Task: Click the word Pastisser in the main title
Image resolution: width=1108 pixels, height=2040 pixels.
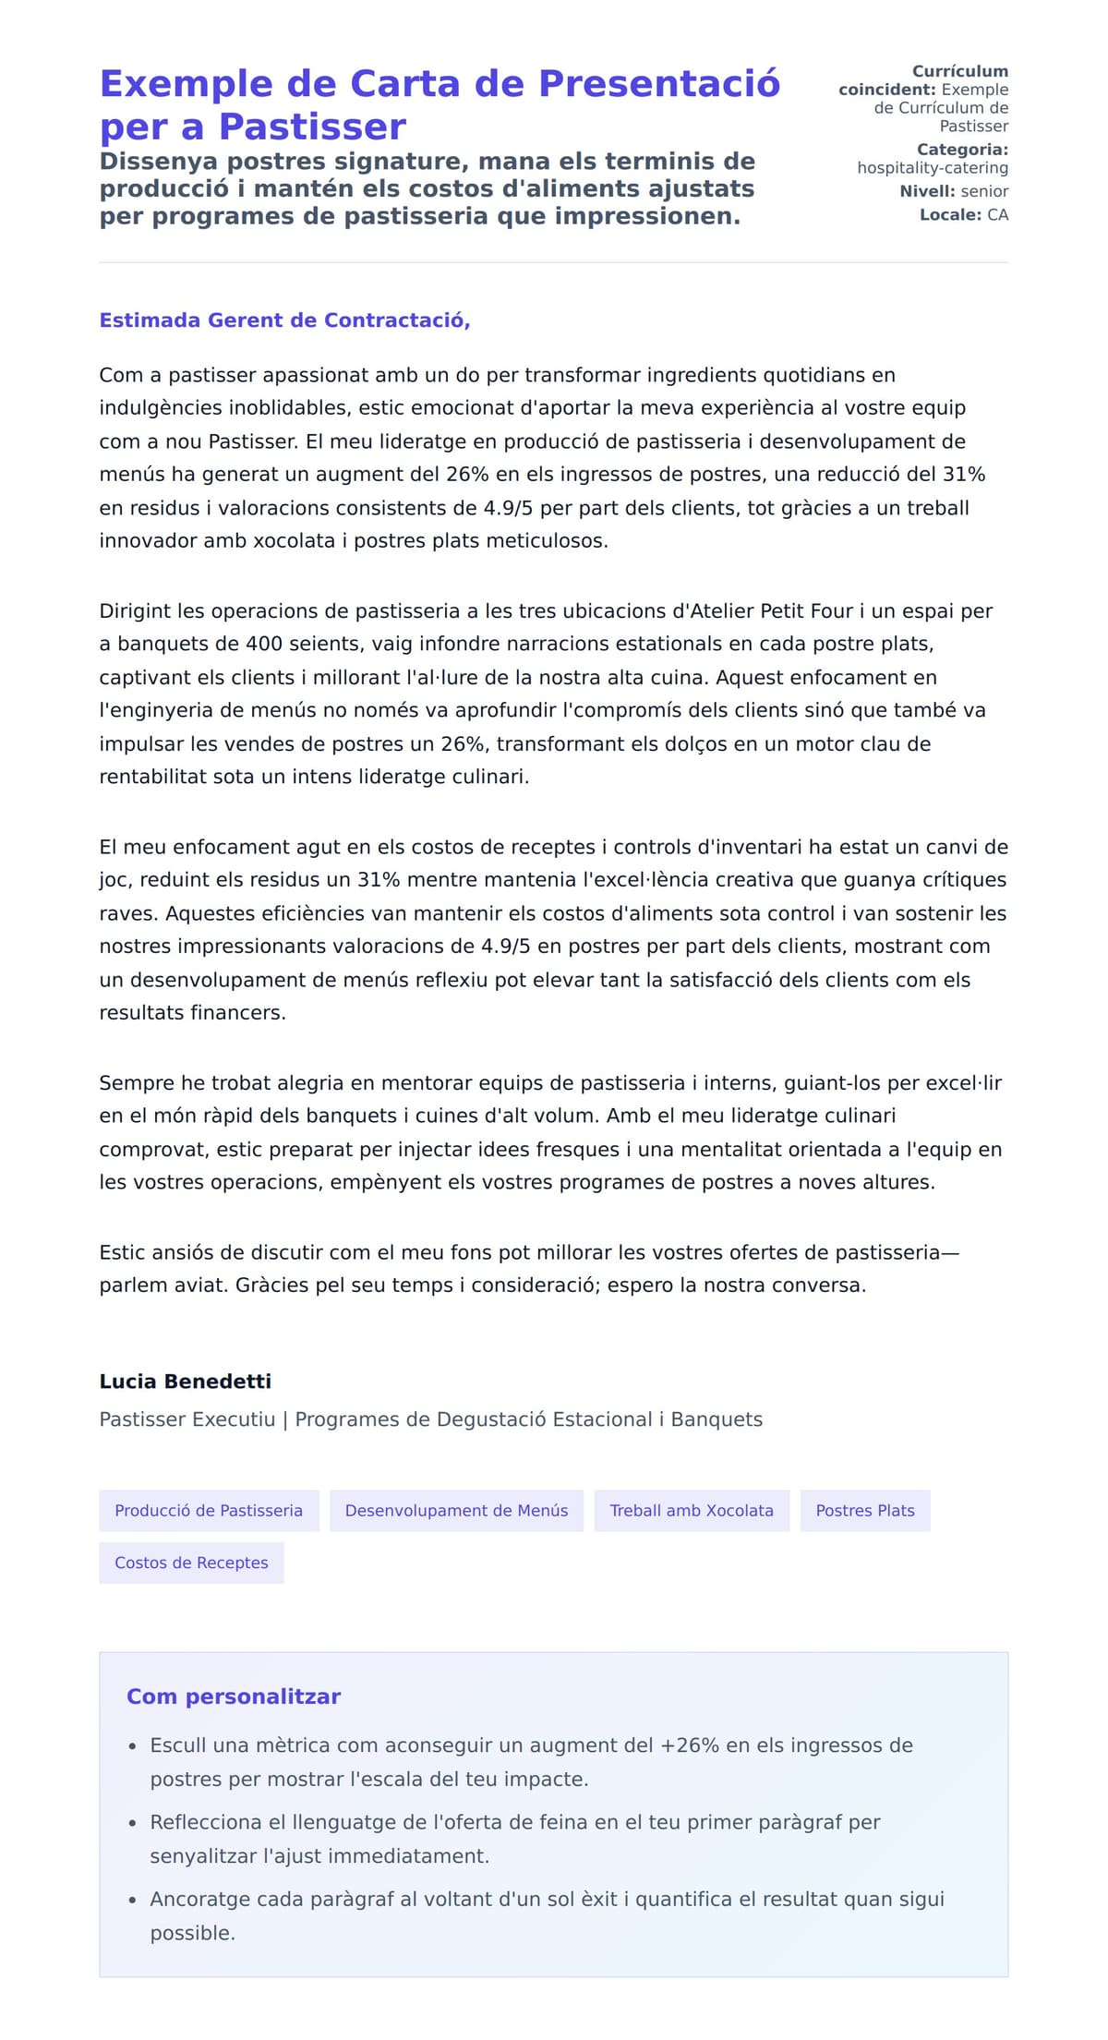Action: coord(312,127)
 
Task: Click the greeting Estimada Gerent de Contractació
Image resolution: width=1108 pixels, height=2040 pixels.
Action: coord(284,320)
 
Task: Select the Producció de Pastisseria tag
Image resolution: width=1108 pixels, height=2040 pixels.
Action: coord(209,1510)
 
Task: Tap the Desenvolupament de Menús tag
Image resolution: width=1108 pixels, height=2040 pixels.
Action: coord(456,1510)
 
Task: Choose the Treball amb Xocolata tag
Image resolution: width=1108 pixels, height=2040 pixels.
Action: coord(692,1510)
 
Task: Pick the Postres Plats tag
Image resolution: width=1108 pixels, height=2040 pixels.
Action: coord(865,1510)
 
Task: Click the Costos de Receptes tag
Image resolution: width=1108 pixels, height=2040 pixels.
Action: coord(191,1563)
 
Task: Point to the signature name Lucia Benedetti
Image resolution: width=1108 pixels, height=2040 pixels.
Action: coord(186,1382)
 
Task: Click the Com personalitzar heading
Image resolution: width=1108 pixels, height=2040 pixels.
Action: coord(234,1696)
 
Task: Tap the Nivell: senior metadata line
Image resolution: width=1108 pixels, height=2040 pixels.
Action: coord(954,191)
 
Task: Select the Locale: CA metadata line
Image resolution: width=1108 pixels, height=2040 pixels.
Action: coord(963,215)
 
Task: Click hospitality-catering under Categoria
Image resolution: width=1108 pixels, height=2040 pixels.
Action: coord(932,168)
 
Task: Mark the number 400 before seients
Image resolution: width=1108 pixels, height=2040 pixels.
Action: coord(264,644)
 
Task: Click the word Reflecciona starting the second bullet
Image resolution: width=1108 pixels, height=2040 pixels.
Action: coord(206,1822)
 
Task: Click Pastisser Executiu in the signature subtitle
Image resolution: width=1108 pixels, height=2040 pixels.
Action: coord(187,1419)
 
